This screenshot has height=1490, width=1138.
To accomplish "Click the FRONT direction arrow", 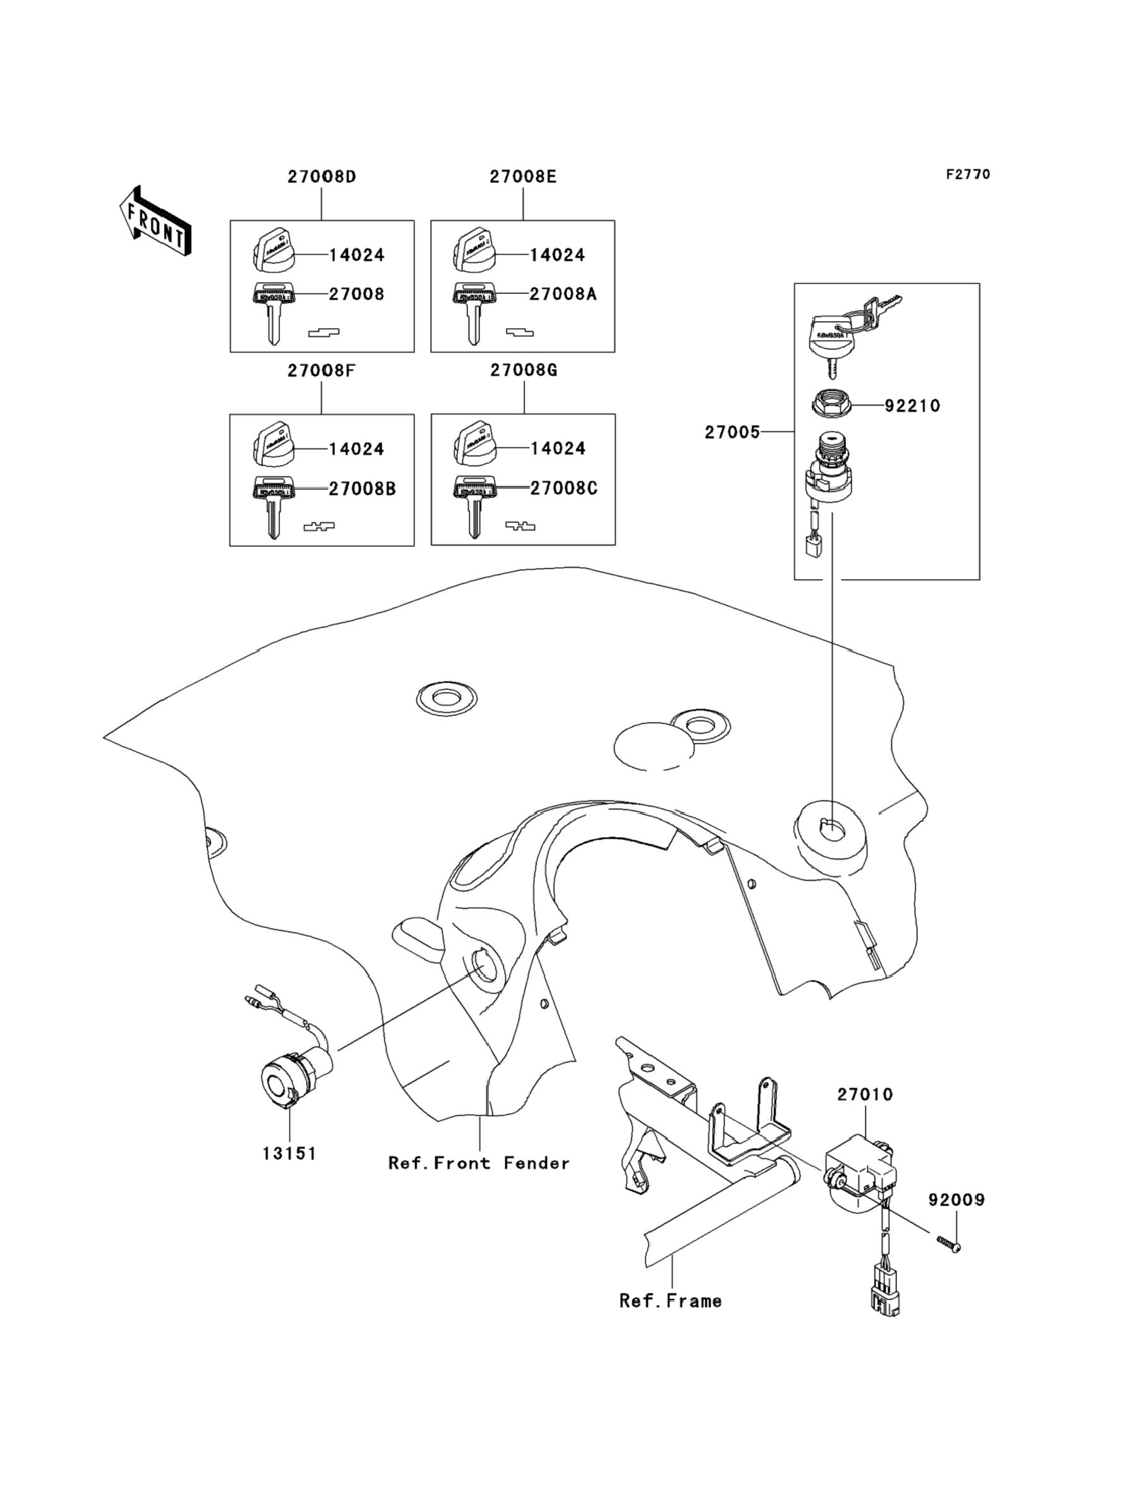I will click(155, 221).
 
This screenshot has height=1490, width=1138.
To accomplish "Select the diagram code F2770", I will click(967, 175).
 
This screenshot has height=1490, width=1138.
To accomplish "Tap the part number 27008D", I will click(322, 177).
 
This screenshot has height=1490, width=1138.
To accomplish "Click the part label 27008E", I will click(523, 177).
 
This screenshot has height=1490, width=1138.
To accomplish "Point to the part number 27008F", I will click(321, 371).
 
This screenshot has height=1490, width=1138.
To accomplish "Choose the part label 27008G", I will click(524, 370).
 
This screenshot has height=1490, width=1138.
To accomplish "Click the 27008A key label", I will click(563, 294).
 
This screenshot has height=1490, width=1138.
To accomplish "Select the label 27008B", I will click(362, 489).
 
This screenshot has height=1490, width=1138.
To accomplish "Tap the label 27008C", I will click(563, 488).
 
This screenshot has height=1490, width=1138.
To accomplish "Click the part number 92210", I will click(912, 406).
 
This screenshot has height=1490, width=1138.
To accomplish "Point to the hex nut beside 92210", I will click(830, 404).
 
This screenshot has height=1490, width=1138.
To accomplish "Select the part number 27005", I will click(732, 432).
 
